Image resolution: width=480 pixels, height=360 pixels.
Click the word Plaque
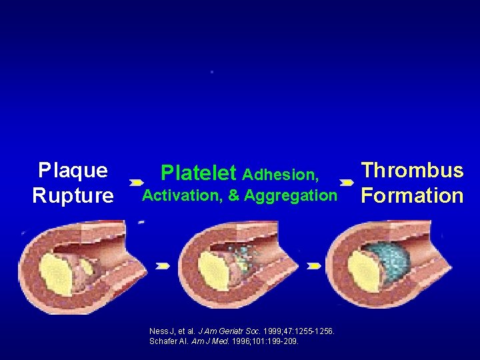(73, 171)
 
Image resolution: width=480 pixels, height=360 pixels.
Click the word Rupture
(73, 196)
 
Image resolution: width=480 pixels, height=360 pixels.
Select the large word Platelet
(199, 174)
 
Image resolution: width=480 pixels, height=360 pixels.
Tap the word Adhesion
(280, 175)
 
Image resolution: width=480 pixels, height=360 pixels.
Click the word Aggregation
(291, 196)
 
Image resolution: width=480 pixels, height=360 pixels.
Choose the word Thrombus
(412, 171)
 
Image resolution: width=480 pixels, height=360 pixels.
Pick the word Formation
(412, 196)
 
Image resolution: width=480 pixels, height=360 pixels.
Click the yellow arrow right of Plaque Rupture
(137, 182)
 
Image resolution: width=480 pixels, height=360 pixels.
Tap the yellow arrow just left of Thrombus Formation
(347, 182)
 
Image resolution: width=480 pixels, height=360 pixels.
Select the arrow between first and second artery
(162, 266)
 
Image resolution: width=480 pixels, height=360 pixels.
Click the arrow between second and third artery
(313, 266)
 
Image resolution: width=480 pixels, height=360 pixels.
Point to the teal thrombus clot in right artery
(380, 267)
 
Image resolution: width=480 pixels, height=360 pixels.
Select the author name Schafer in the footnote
(164, 341)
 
